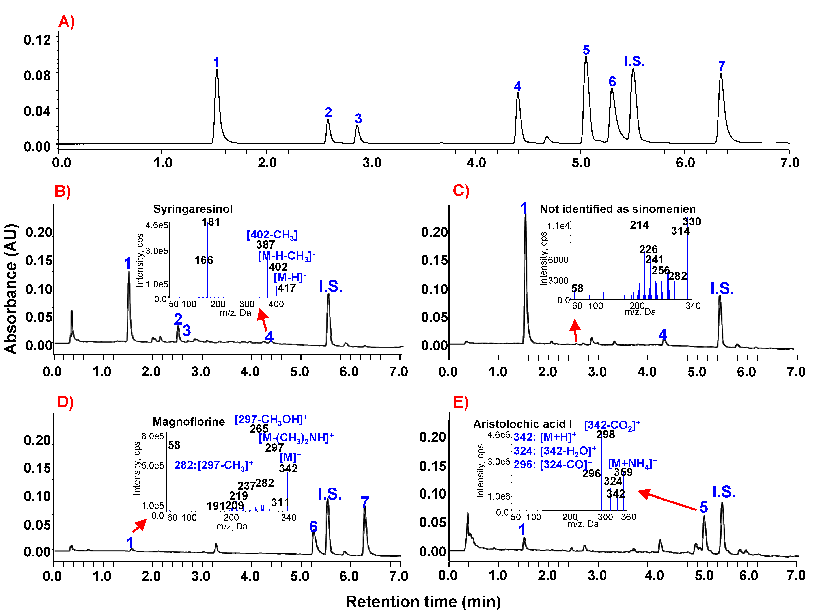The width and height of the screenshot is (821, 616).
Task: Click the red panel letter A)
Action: [x=66, y=22]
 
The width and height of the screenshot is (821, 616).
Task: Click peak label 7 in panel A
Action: [x=722, y=66]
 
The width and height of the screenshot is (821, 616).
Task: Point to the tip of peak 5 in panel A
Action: [x=586, y=57]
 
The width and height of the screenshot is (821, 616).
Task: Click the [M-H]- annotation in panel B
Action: [x=289, y=277]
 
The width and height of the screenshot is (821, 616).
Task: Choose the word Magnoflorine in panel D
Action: [x=188, y=422]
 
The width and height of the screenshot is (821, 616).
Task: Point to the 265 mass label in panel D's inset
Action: [x=259, y=429]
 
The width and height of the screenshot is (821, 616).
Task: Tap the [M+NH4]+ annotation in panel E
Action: [x=632, y=463]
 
